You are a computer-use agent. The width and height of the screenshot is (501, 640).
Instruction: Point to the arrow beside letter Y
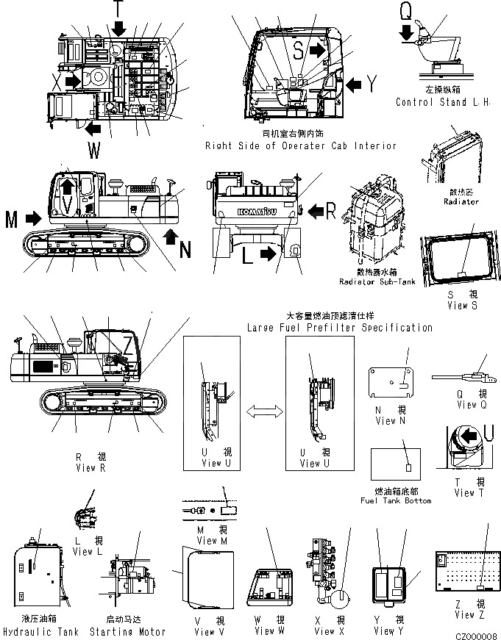[354, 85]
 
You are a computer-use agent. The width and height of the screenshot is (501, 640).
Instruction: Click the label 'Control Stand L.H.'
[442, 102]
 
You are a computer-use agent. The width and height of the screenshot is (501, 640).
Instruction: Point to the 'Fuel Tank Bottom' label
[396, 500]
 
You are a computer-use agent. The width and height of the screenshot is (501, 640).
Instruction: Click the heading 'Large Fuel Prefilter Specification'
[340, 328]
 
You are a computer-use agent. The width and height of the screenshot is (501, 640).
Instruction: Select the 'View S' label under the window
[458, 306]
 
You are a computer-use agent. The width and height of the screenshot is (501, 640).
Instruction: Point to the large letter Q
[405, 12]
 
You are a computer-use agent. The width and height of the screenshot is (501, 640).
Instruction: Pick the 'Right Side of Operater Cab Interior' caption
[300, 145]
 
